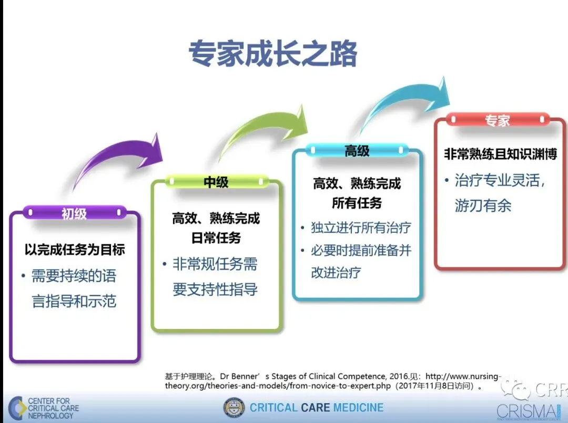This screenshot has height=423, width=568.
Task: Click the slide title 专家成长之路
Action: click(273, 53)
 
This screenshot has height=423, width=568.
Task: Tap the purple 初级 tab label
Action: click(74, 213)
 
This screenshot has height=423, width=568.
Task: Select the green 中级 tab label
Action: click(216, 182)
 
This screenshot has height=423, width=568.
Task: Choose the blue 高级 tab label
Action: click(357, 150)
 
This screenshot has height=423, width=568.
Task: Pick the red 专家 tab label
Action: click(498, 120)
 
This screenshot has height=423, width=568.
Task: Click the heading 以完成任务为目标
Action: click(75, 250)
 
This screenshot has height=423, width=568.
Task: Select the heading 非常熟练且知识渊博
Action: click(501, 154)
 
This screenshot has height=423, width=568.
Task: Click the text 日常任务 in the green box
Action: click(216, 238)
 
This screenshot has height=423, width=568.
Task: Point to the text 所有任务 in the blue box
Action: click(357, 203)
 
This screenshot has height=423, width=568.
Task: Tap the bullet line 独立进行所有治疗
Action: click(361, 228)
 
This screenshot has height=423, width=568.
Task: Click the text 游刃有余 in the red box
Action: click(483, 205)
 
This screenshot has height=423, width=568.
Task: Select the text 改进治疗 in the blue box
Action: click(336, 273)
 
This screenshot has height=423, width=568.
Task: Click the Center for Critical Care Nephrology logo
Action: click(44, 408)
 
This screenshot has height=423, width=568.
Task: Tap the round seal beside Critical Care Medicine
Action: click(234, 408)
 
